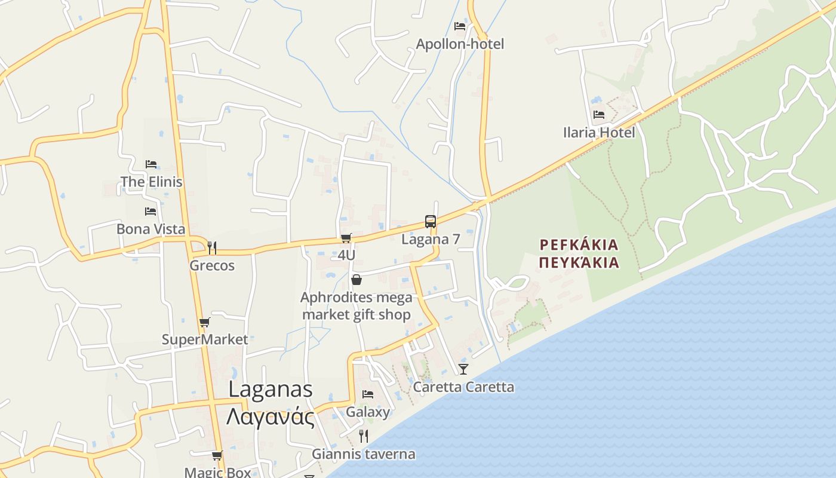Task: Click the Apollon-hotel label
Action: tap(460, 44)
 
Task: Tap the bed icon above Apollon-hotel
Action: tap(460, 26)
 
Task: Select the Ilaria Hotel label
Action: tap(599, 132)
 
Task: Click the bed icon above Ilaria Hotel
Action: tap(599, 114)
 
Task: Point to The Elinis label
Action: tap(151, 182)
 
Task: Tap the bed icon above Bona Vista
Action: tap(150, 211)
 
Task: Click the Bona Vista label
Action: tap(150, 229)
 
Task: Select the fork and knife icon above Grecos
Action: tap(211, 247)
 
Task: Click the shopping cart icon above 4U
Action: tap(346, 238)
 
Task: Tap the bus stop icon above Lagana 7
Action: tap(430, 222)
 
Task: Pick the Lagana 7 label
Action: tap(431, 240)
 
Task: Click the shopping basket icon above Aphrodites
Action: tap(356, 280)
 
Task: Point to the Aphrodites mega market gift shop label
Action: tap(356, 306)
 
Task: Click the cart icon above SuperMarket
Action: tap(205, 323)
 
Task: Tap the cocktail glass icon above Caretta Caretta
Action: tap(463, 369)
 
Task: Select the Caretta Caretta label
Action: tap(463, 387)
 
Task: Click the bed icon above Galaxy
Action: tap(368, 394)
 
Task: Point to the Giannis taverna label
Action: tap(363, 454)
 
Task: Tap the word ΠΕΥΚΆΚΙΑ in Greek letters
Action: tap(579, 262)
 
